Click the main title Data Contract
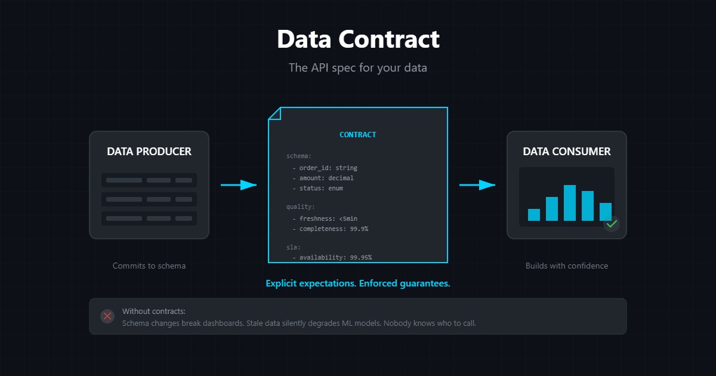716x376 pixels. [x=358, y=39]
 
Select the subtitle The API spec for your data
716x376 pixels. [x=358, y=68]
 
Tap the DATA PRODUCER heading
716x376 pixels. [x=149, y=151]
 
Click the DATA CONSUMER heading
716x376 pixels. [x=567, y=151]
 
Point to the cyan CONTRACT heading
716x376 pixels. [x=357, y=135]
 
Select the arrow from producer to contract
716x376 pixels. [x=239, y=185]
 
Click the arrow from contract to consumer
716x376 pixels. [x=477, y=185]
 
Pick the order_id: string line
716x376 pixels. [x=325, y=168]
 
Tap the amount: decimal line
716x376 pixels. [x=323, y=178]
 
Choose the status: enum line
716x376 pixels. [x=317, y=189]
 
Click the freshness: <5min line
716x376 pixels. [x=325, y=218]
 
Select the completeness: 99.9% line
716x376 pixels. [x=331, y=229]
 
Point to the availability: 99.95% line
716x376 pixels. [x=332, y=257]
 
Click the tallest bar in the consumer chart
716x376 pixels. [x=570, y=203]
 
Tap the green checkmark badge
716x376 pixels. [x=612, y=224]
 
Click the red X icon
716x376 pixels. [x=107, y=316]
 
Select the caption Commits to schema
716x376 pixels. [x=149, y=266]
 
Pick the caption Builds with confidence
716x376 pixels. [x=567, y=266]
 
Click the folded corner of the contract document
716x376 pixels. [x=275, y=114]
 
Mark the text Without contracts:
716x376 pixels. [x=154, y=311]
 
